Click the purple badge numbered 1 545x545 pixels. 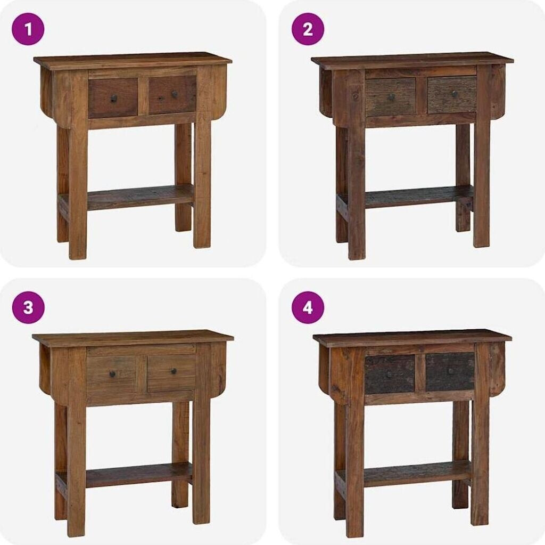(x=28, y=29)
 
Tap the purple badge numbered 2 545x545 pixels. (x=308, y=29)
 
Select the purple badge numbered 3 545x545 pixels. (x=28, y=307)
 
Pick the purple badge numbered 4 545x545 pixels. (x=308, y=307)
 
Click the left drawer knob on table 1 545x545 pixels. (x=113, y=99)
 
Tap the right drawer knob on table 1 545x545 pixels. (x=174, y=94)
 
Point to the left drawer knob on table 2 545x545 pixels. (x=391, y=97)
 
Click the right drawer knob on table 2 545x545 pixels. (x=455, y=93)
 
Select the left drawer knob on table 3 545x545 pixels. (x=112, y=374)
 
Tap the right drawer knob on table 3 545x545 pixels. (x=174, y=371)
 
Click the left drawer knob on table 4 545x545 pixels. (x=389, y=375)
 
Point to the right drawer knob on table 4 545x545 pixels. (x=451, y=371)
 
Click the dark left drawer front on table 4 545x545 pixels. (x=390, y=375)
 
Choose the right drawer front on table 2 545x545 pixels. (x=452, y=94)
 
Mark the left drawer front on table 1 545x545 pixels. (x=113, y=98)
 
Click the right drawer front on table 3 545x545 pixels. (x=172, y=373)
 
